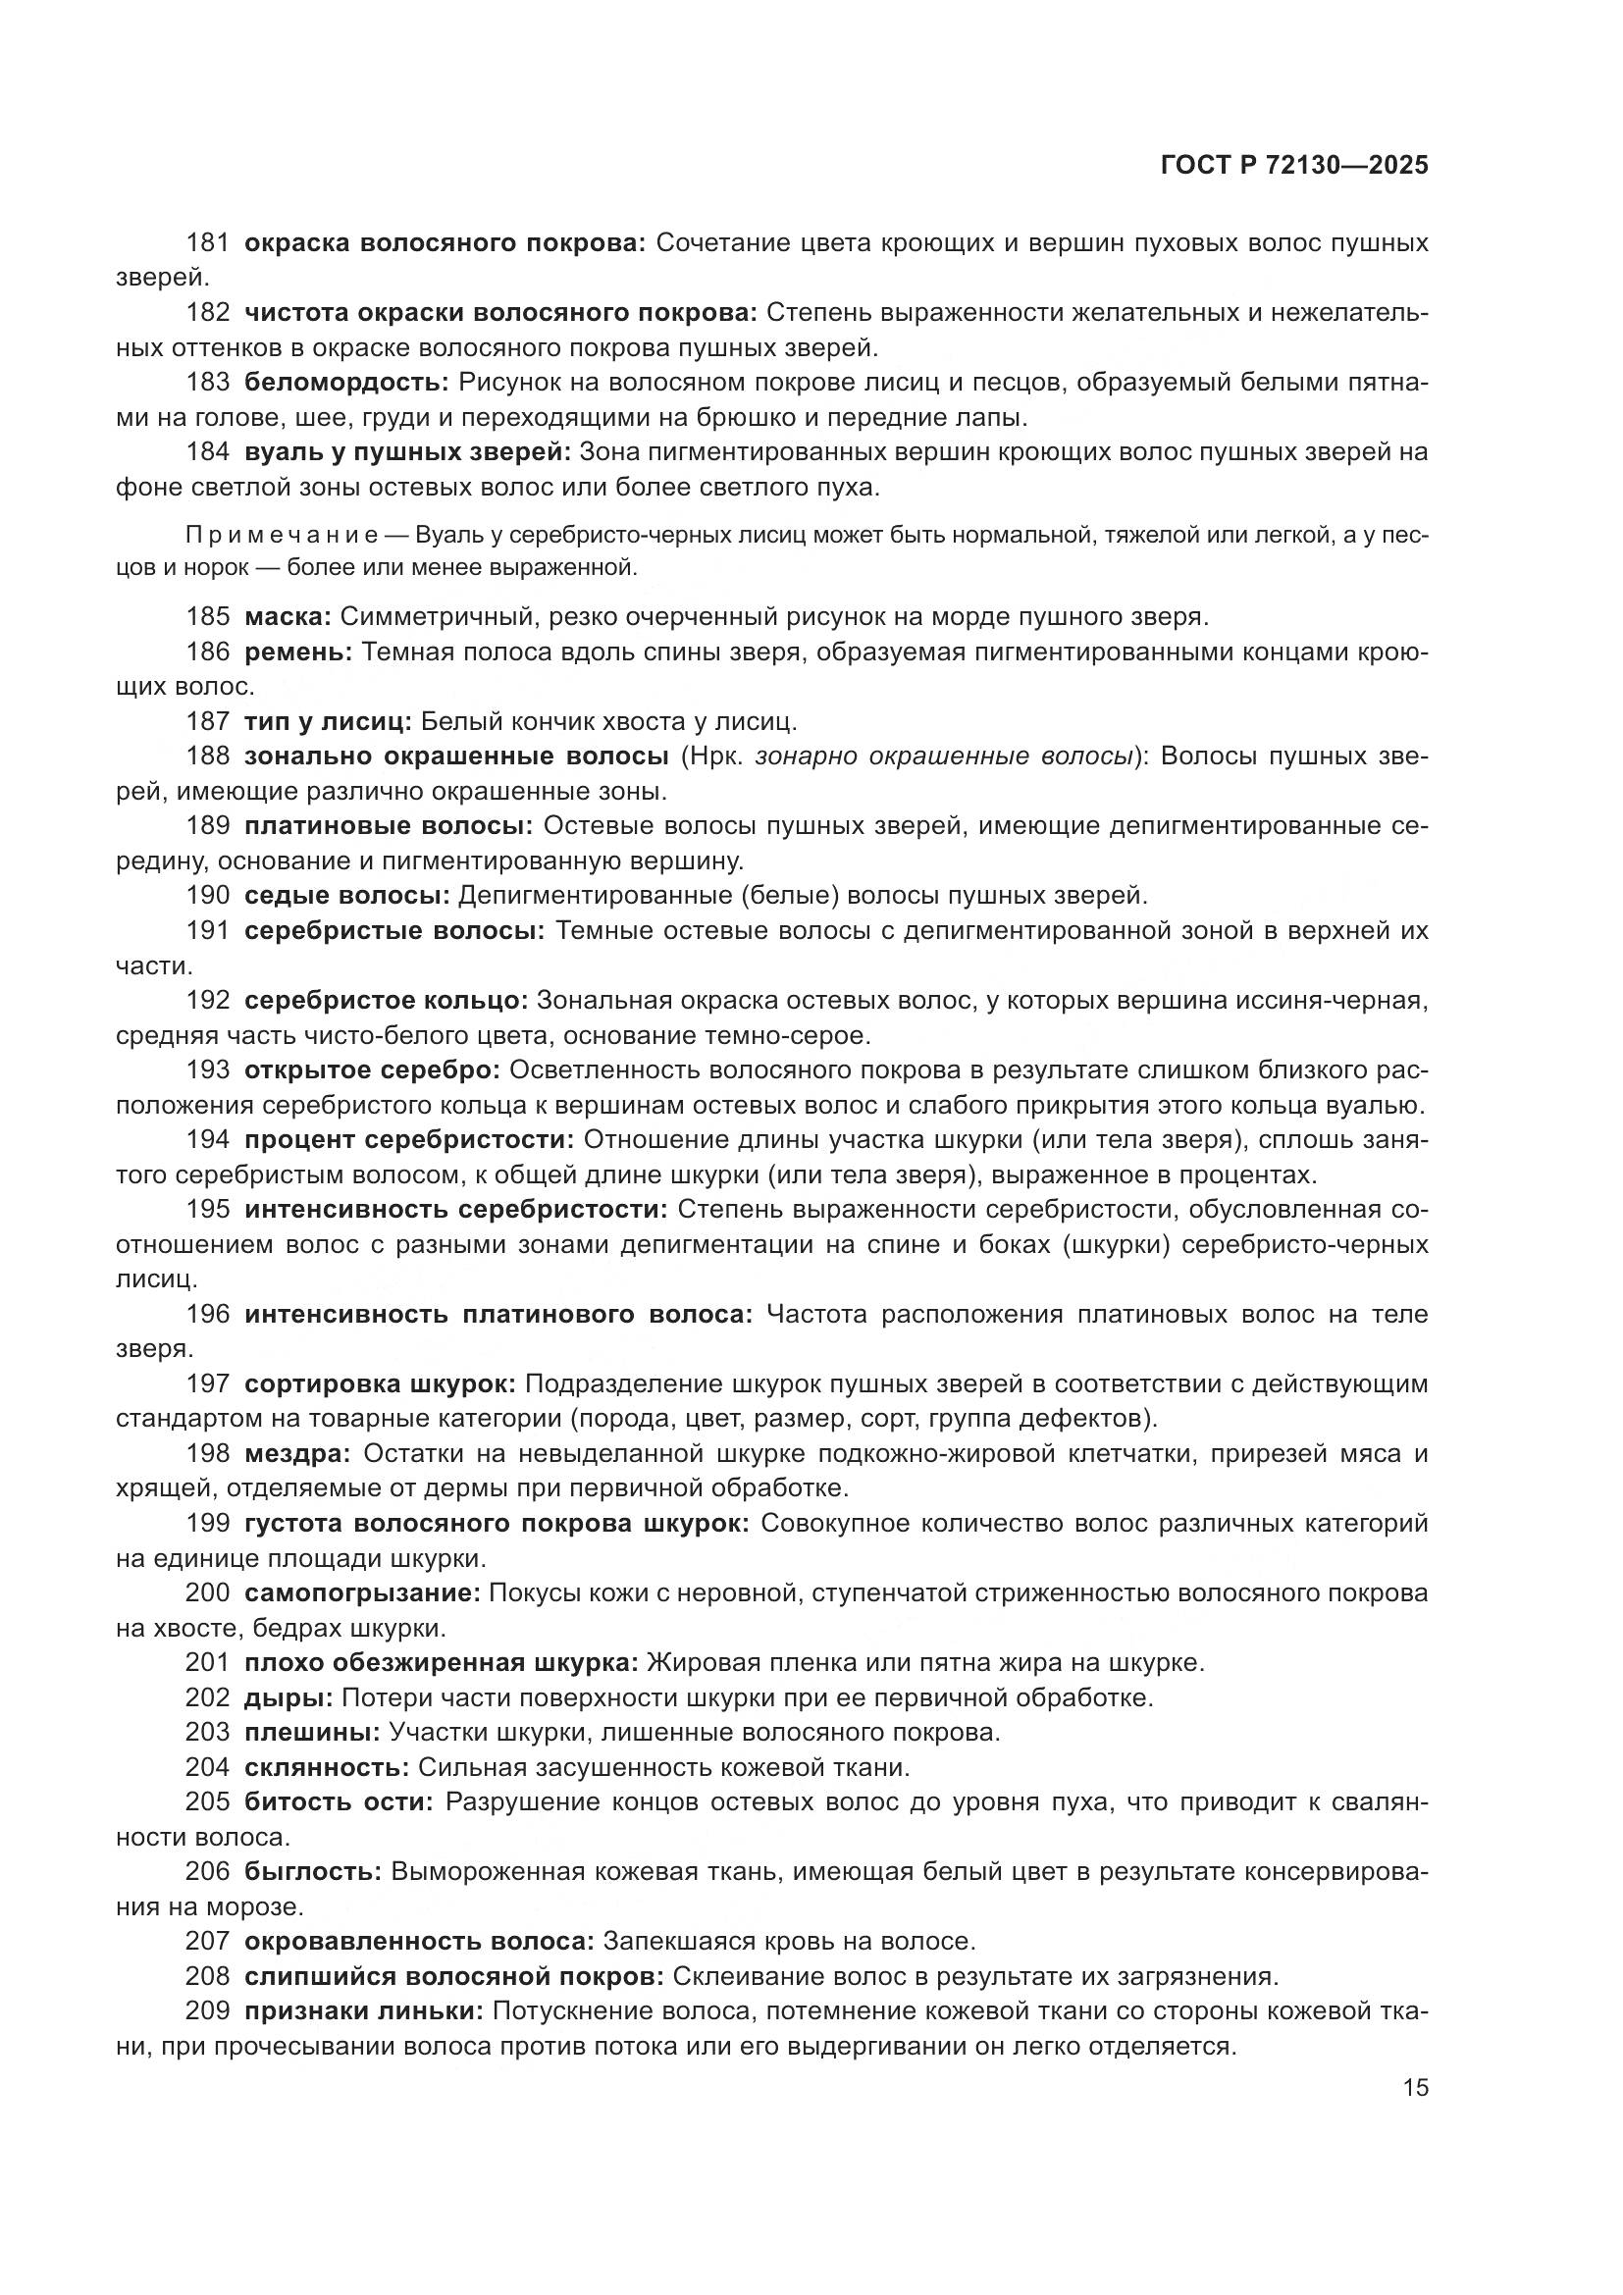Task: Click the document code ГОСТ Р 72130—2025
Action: coord(1294,166)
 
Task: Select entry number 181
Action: coord(208,243)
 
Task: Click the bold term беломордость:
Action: coord(346,382)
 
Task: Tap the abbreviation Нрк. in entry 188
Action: coord(713,756)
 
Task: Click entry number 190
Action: coord(208,895)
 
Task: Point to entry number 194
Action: coord(208,1139)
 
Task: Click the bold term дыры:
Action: coord(288,1697)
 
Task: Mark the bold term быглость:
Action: coord(313,1871)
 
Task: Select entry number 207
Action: coord(208,1941)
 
